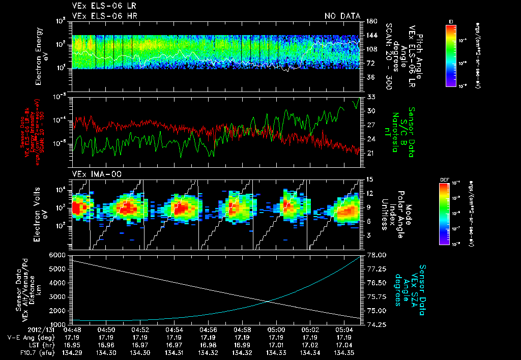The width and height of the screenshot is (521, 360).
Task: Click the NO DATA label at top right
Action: (342, 16)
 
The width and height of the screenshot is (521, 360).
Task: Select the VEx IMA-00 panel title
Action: (93, 174)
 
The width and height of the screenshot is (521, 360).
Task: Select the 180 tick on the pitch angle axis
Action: (370, 21)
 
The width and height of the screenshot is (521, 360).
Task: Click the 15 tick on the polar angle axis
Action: (368, 179)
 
